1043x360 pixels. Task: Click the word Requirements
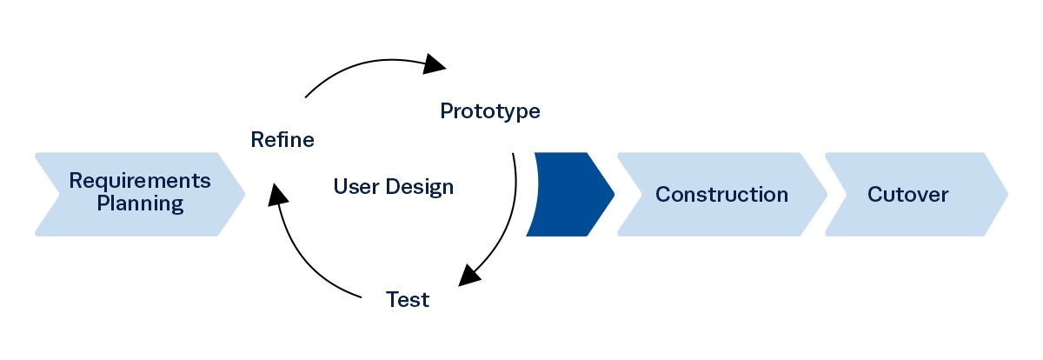[x=140, y=181]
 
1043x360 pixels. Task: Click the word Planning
[x=140, y=204]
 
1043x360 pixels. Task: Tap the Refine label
[x=282, y=139]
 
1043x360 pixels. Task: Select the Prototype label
[x=490, y=111]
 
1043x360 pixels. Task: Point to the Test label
[x=408, y=300]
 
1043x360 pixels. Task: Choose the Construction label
[x=721, y=194]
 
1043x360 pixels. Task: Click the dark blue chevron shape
[x=569, y=194]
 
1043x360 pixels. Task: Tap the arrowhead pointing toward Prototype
[x=434, y=63]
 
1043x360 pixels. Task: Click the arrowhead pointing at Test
[x=469, y=274]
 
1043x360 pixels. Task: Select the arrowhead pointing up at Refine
[x=278, y=193]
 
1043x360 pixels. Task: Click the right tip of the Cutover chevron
[x=1007, y=194]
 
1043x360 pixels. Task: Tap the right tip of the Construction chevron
[x=827, y=194]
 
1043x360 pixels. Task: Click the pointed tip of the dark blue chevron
[x=614, y=194]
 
